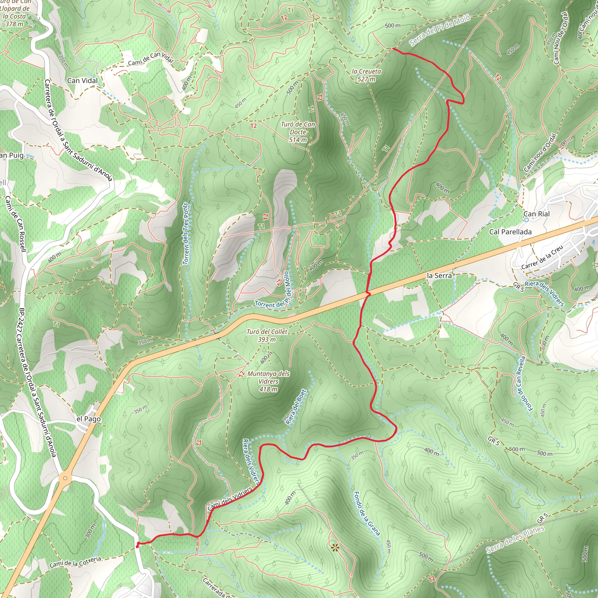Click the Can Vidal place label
pyautogui.click(x=82, y=81)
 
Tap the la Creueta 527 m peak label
pyautogui.click(x=366, y=75)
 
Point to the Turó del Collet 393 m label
pyautogui.click(x=267, y=335)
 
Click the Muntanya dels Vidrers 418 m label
pyautogui.click(x=268, y=381)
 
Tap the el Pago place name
pyautogui.click(x=88, y=419)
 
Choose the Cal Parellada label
pyautogui.click(x=510, y=232)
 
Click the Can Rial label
pyautogui.click(x=536, y=214)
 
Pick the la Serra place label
pyautogui.click(x=439, y=275)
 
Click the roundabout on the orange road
pyautogui.click(x=65, y=478)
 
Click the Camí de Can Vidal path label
pyautogui.click(x=150, y=58)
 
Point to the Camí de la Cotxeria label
pyautogui.click(x=75, y=562)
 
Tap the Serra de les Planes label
pyautogui.click(x=515, y=540)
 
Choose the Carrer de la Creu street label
pyautogui.click(x=542, y=258)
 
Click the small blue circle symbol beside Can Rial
pyautogui.click(x=526, y=220)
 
